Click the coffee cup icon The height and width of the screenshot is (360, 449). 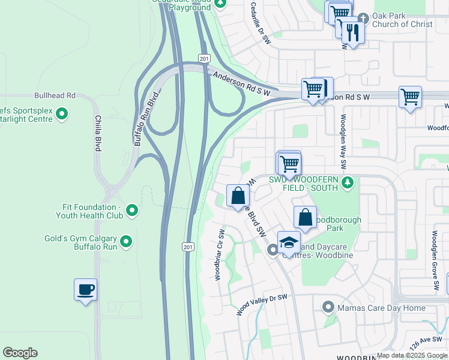point(85,290)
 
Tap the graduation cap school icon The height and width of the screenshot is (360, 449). point(289,243)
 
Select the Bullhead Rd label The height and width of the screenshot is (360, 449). point(55,95)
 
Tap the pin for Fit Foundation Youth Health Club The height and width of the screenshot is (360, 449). point(133,211)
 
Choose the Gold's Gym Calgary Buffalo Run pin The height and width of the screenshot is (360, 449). point(126,242)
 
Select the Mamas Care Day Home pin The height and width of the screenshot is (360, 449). point(328,308)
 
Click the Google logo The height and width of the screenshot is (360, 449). point(20,353)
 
